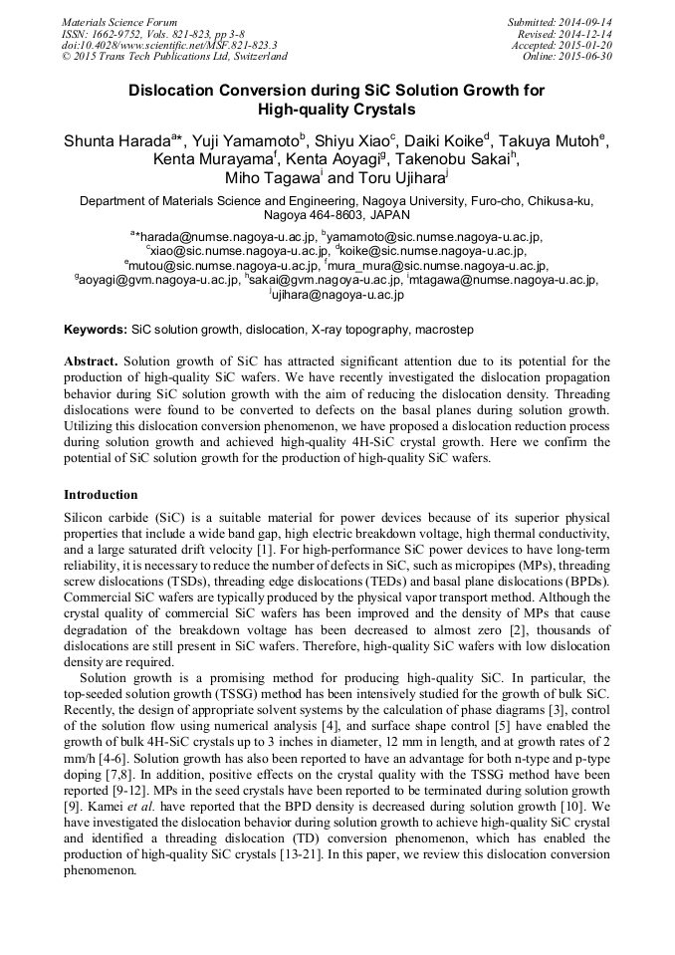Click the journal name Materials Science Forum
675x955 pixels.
(119, 22)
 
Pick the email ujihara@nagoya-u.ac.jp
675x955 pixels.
(338, 295)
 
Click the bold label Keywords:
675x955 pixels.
(96, 329)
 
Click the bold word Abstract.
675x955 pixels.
(91, 360)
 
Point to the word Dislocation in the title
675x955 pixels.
(173, 90)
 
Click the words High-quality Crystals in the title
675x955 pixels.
(337, 109)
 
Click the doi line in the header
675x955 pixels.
(169, 45)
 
